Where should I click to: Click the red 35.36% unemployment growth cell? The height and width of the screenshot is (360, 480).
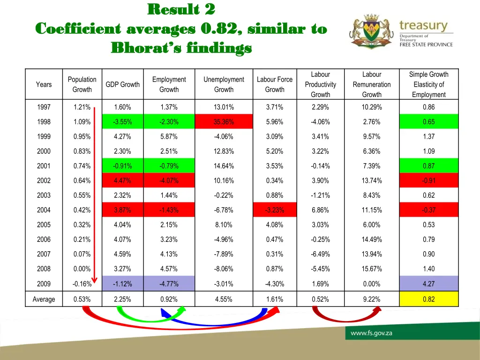224,122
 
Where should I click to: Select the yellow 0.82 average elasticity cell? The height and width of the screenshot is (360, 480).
428,299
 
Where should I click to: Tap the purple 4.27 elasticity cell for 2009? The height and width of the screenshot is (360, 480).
428,284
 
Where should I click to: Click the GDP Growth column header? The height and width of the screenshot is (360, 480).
122,84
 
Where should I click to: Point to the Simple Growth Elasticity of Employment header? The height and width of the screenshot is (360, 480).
428,84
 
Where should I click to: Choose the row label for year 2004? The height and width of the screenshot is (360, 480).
44,210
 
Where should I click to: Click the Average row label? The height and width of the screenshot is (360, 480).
44,299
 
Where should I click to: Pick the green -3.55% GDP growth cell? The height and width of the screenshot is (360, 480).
122,122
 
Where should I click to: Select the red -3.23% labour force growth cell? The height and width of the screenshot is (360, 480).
274,210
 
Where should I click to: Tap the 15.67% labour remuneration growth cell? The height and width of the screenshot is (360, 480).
372,269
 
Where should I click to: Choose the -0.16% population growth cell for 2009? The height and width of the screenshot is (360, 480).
82,284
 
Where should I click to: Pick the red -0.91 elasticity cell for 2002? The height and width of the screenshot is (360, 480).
428,180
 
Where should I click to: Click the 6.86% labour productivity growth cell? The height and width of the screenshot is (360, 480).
320,210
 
